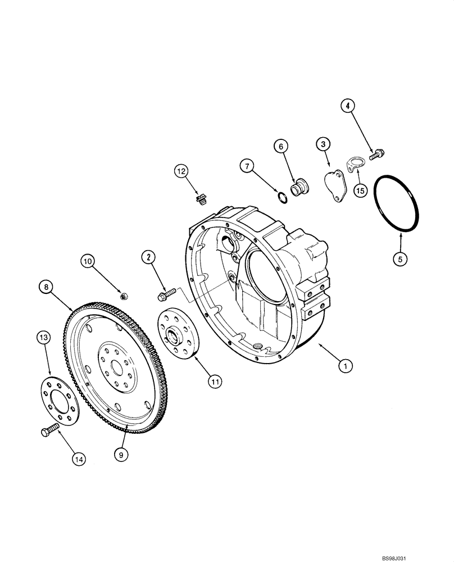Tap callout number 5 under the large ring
[x=400, y=260]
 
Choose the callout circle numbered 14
[x=80, y=460]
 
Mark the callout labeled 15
[x=360, y=191]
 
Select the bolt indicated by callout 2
[x=168, y=293]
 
